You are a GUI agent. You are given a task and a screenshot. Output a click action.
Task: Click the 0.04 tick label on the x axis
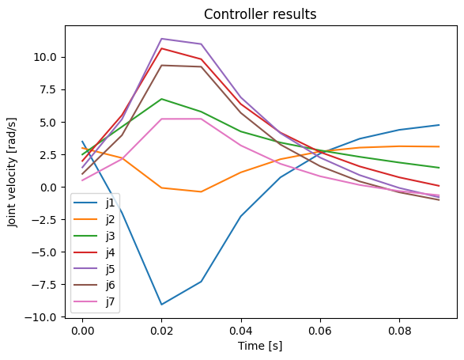click(x=240, y=331)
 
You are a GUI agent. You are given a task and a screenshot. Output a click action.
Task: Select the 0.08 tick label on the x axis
click(x=399, y=331)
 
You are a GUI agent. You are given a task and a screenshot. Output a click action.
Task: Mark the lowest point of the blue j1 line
click(x=161, y=305)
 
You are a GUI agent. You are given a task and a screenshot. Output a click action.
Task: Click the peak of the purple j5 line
click(x=161, y=39)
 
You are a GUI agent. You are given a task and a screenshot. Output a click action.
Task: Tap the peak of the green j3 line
click(x=161, y=99)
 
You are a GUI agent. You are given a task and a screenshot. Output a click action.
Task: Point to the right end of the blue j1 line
click(x=439, y=125)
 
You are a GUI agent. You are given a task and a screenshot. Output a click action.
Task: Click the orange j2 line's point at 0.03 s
click(x=201, y=191)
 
